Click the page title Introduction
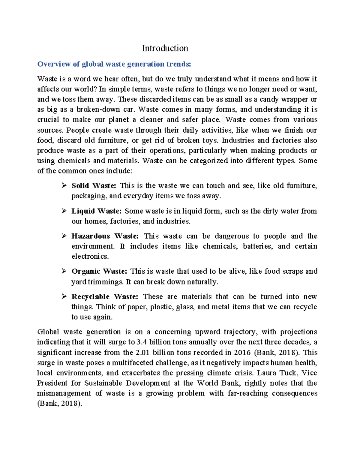point(165,48)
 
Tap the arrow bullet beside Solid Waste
point(64,186)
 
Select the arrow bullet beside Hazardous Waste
point(64,236)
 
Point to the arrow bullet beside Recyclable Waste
point(64,297)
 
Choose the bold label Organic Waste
point(99,271)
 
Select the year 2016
point(242,352)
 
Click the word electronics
point(90,257)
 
